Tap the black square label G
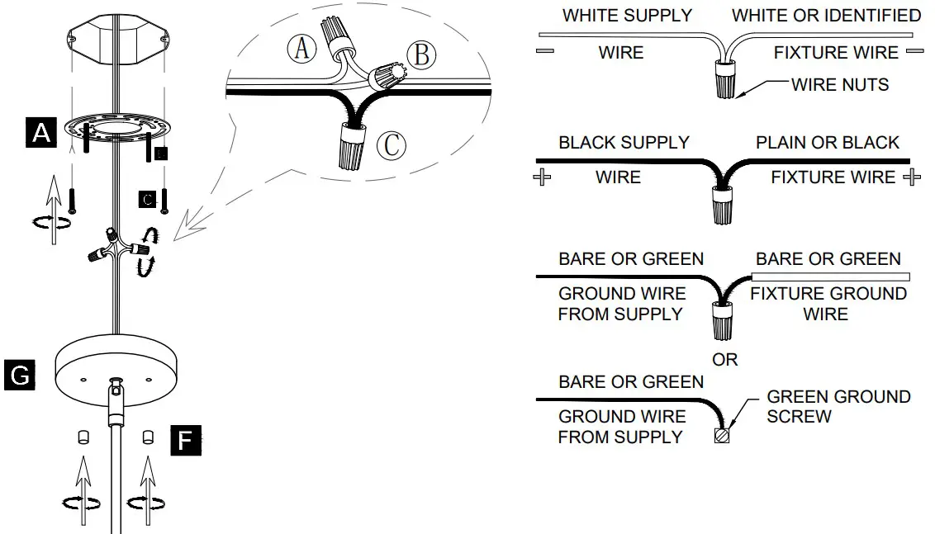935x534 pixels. click(19, 375)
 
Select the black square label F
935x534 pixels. click(184, 442)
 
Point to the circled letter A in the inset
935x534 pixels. click(301, 49)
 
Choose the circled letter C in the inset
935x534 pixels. click(391, 145)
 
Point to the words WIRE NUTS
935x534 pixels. click(839, 84)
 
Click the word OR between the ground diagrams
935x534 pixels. click(724, 360)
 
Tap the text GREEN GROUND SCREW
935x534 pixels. click(838, 406)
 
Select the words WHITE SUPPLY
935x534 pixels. click(627, 16)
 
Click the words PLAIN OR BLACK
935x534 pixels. click(827, 142)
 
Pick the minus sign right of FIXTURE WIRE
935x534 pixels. click(914, 52)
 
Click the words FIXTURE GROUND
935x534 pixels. click(828, 294)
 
